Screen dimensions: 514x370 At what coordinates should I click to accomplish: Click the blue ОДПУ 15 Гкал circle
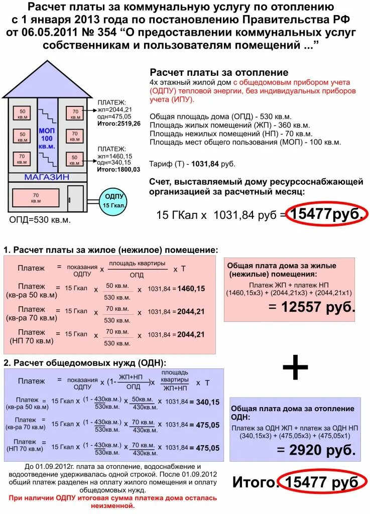[x=113, y=202]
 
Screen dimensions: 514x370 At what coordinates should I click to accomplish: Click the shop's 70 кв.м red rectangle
[x=36, y=198]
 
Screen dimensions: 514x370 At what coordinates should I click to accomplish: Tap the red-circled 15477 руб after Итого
[x=322, y=483]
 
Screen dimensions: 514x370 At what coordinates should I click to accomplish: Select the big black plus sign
[x=295, y=369]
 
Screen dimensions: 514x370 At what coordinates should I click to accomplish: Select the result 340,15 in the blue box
[x=207, y=402]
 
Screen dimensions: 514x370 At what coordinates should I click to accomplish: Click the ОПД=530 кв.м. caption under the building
[x=40, y=220]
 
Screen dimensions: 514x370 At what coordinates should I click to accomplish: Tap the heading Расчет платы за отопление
[x=219, y=73]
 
